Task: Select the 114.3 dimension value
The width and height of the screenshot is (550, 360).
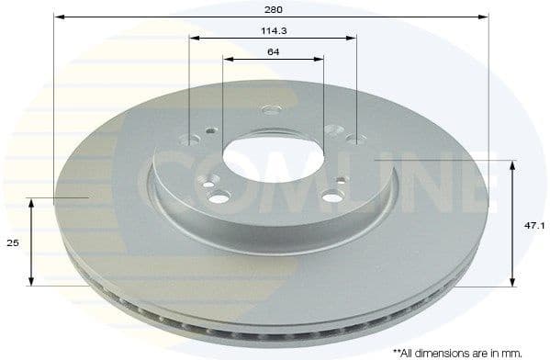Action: [x=271, y=29]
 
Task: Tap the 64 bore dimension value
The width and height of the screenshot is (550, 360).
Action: [x=273, y=51]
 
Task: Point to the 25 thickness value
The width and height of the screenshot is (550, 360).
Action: [x=13, y=242]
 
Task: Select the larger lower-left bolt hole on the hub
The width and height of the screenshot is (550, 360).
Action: [x=219, y=197]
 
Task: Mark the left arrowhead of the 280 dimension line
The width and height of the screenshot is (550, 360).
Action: [x=58, y=16]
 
